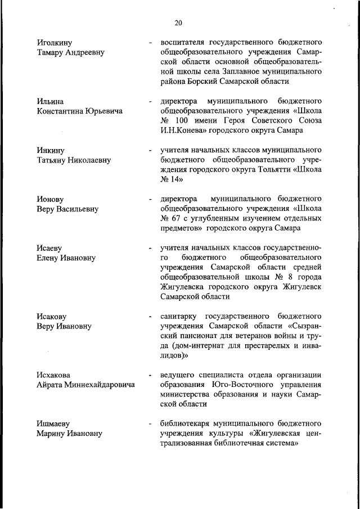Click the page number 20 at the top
[178, 23]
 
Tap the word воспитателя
[181, 42]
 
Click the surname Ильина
[50, 102]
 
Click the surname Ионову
[51, 200]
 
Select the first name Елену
[49, 258]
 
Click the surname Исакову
[53, 317]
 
